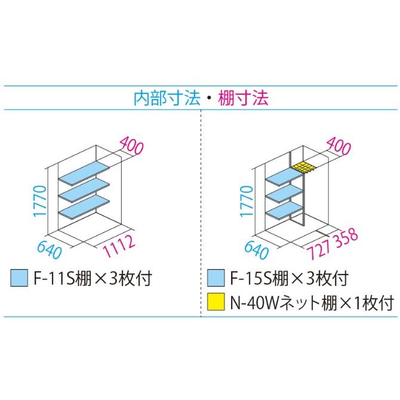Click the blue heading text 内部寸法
[x=167, y=99]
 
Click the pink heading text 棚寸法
[x=243, y=99]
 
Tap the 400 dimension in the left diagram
[x=131, y=146]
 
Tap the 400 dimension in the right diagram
[x=339, y=146]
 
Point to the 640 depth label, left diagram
[x=50, y=250]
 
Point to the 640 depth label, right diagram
[x=256, y=250]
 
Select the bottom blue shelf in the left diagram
[x=84, y=207]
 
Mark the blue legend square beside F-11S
[x=19, y=278]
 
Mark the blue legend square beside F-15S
[x=216, y=278]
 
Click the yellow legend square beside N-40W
[x=216, y=301]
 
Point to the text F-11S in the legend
[x=54, y=278]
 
